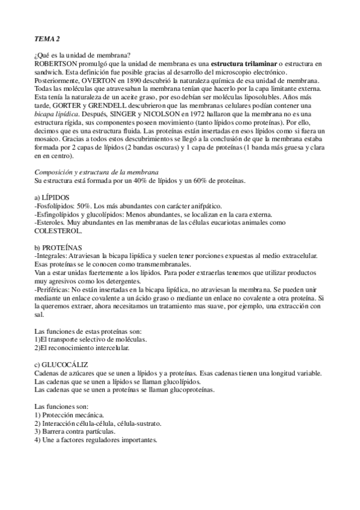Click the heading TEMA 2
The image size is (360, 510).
[47, 39]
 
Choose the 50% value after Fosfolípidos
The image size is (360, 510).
[82, 205]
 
